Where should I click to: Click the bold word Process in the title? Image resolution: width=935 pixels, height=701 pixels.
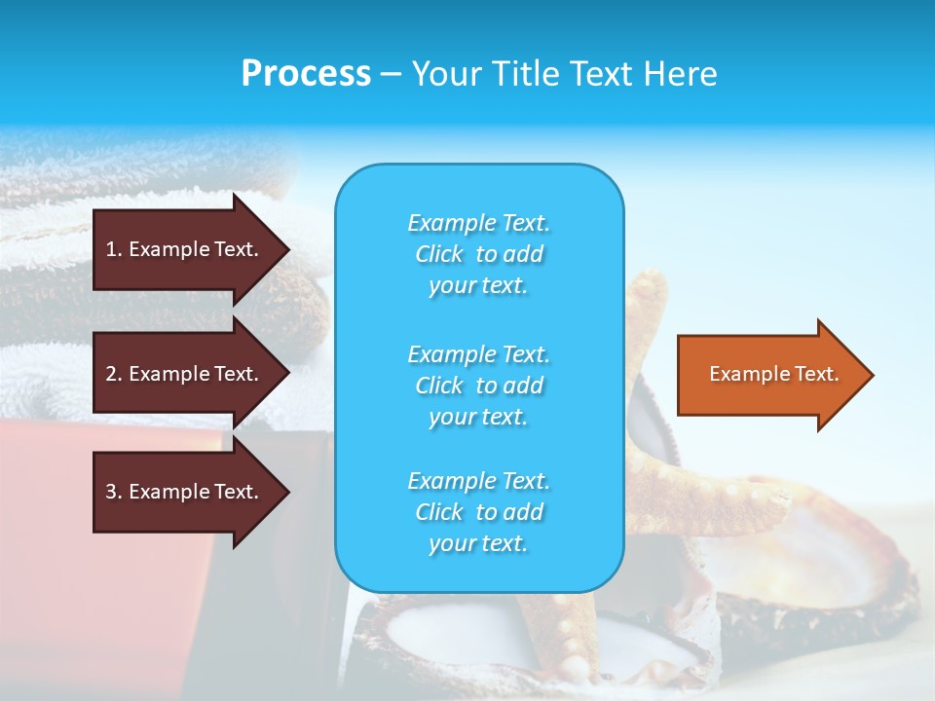point(306,74)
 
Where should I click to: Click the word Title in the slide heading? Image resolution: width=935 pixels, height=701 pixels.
point(523,74)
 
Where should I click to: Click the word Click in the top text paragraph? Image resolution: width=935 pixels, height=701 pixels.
point(438,255)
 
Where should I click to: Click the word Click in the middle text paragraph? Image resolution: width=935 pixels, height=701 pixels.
point(438,387)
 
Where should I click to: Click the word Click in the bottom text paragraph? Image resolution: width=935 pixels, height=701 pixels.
point(438,513)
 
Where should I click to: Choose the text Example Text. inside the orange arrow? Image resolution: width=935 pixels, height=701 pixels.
point(774,374)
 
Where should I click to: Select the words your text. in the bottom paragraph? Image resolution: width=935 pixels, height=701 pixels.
point(477,544)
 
